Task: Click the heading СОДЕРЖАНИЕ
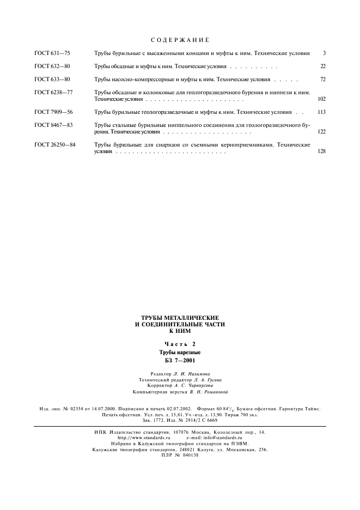click(179, 40)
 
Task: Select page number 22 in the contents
click(323, 66)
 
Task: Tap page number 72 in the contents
click(323, 80)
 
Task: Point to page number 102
click(321, 99)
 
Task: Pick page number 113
click(321, 112)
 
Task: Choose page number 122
click(321, 131)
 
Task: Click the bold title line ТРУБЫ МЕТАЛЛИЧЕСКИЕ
click(180, 317)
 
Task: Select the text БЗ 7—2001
click(180, 360)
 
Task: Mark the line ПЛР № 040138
click(180, 456)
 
